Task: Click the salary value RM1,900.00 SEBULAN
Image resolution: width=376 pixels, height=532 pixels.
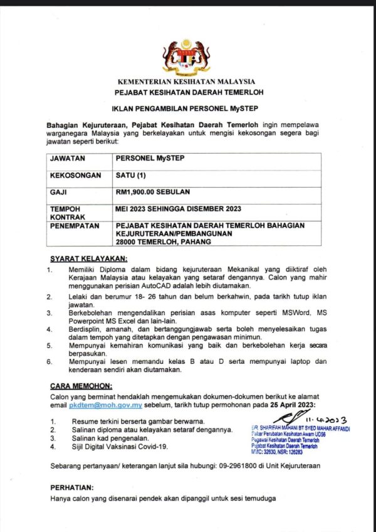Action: coord(153,192)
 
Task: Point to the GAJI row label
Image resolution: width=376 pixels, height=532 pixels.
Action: coord(59,192)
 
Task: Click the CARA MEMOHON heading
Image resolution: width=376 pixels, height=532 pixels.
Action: coord(80,386)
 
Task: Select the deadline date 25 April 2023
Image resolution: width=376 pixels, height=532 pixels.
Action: coord(292,407)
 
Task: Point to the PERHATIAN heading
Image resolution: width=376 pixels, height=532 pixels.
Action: coord(71,487)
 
